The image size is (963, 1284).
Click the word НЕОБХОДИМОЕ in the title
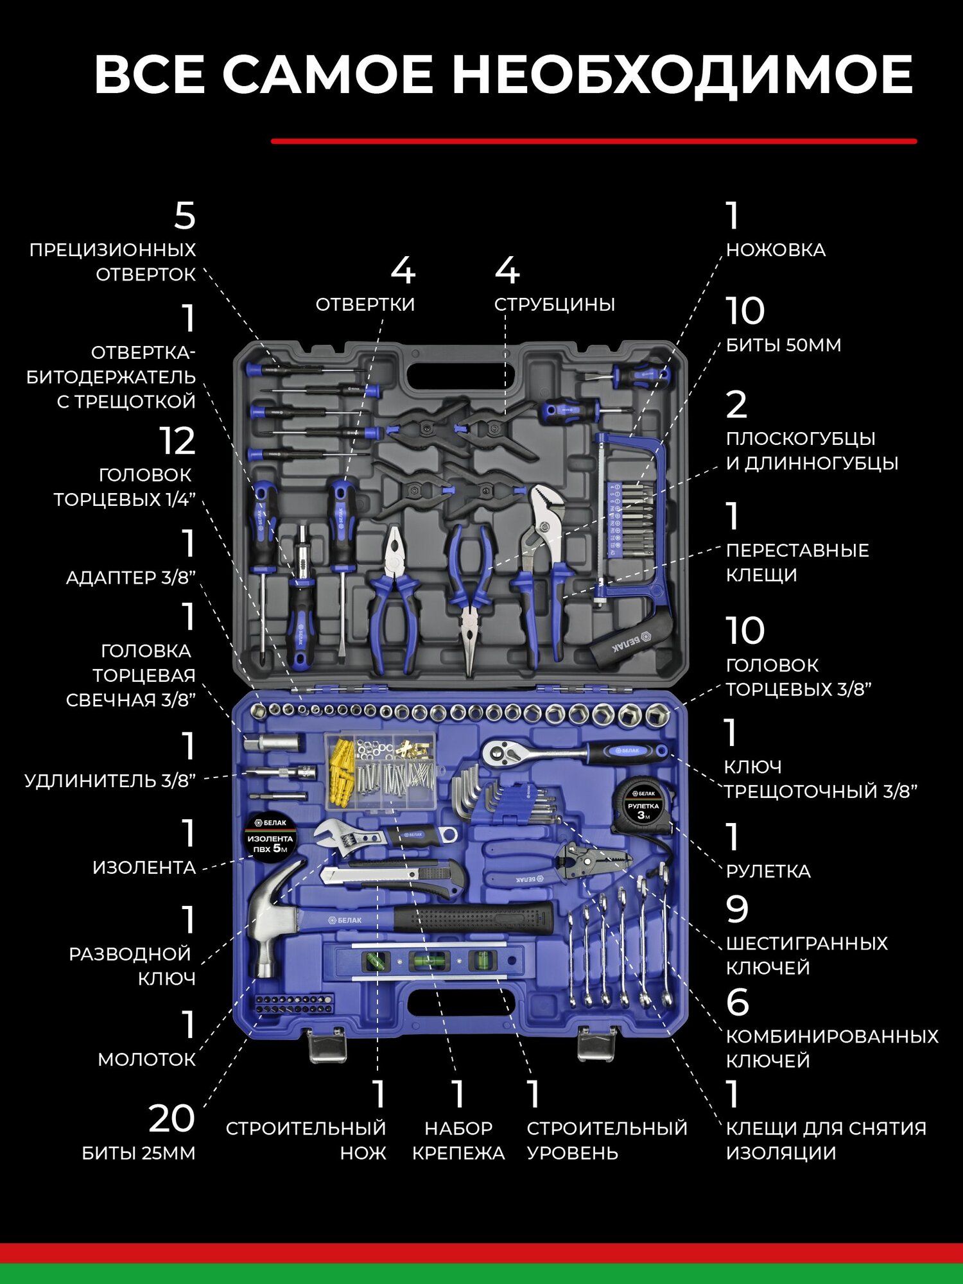682,75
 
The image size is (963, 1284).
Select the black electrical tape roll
270,838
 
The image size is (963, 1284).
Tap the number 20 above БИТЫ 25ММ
171,1118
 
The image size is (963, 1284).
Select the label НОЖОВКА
776,250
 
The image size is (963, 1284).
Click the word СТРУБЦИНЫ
554,304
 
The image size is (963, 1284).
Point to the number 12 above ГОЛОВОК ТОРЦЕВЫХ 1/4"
177,441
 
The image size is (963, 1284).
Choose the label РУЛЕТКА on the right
768,871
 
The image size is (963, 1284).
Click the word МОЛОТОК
146,1059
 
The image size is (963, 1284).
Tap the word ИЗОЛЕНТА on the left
144,868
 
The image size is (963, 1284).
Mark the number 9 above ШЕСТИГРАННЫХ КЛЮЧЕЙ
737,909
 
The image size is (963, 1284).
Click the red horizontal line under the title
594,141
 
